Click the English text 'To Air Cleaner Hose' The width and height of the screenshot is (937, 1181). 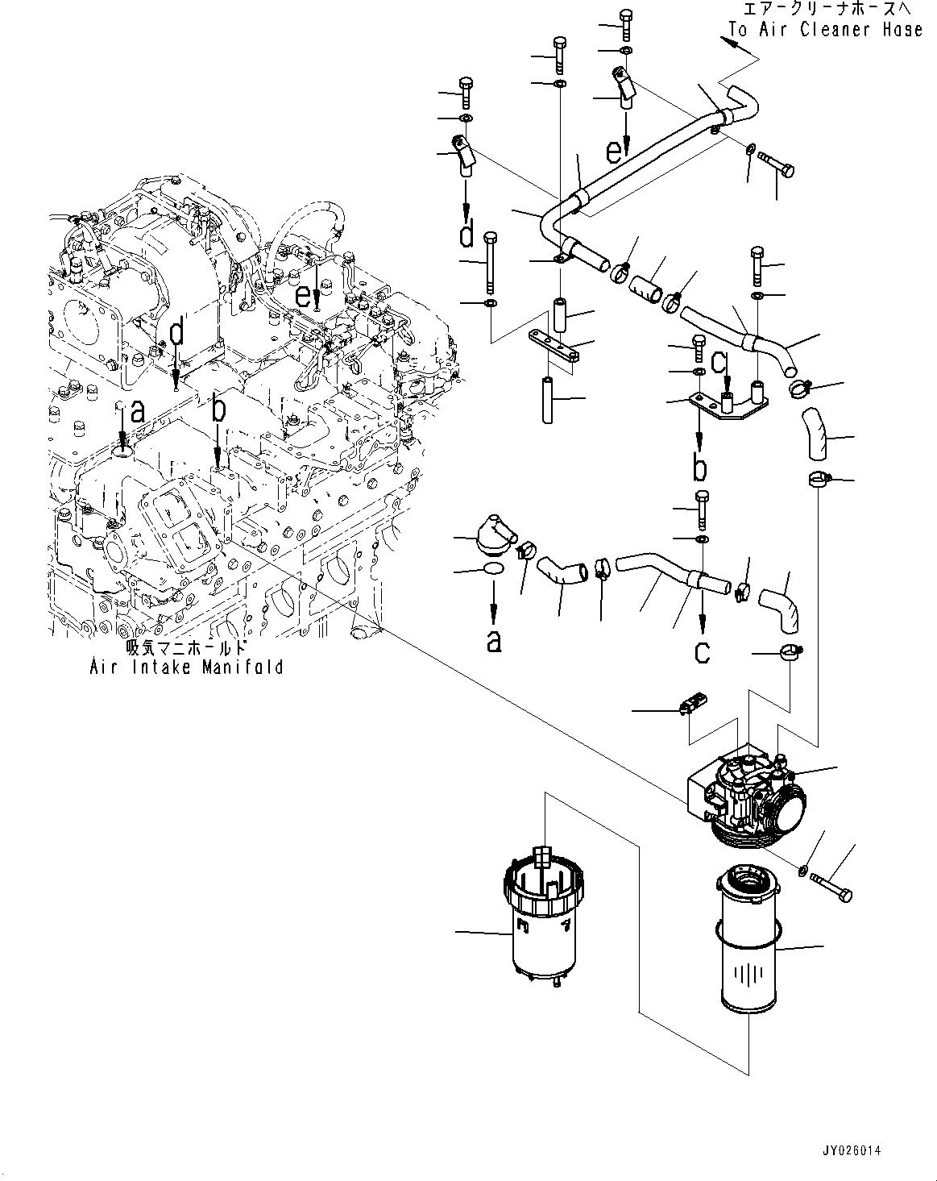(x=825, y=30)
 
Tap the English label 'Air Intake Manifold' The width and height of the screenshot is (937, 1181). (x=186, y=667)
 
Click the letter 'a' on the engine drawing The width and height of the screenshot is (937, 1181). (x=137, y=411)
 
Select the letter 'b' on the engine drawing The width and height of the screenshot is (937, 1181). (x=218, y=410)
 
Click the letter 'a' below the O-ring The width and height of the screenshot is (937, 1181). (x=494, y=642)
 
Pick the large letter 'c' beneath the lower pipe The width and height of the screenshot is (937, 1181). (x=703, y=651)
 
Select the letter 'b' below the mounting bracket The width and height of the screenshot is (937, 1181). (x=699, y=467)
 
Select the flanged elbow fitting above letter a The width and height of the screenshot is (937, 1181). (x=494, y=536)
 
